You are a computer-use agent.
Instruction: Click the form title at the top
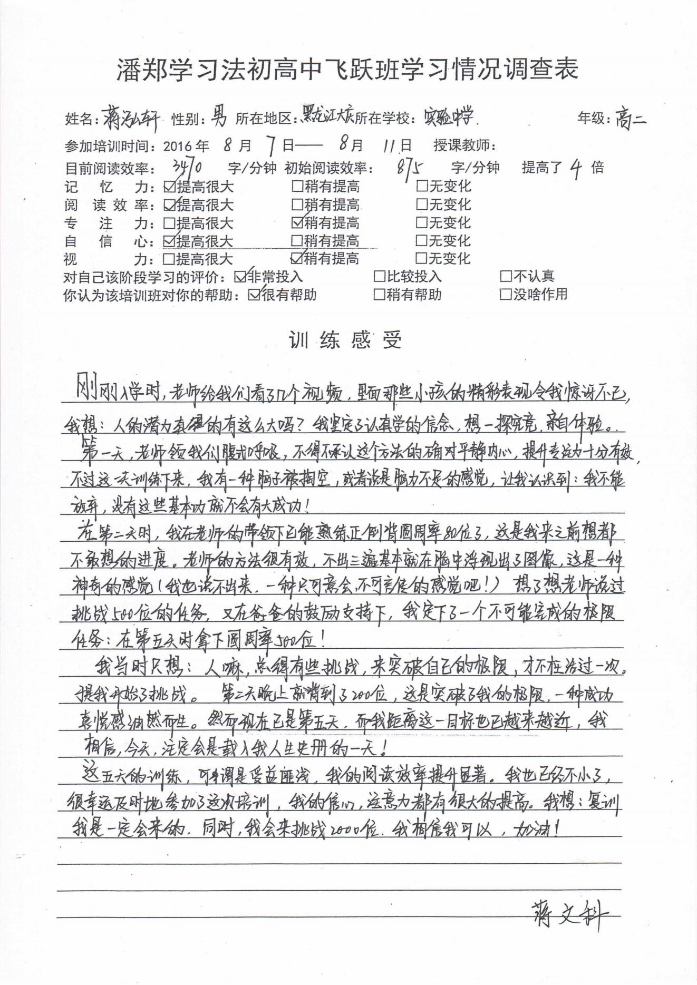[x=347, y=69]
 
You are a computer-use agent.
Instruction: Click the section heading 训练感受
[x=345, y=340]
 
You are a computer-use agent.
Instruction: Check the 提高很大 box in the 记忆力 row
[x=169, y=186]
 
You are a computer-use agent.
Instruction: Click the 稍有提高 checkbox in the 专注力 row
[x=297, y=222]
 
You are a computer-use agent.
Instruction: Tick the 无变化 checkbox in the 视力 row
[x=421, y=258]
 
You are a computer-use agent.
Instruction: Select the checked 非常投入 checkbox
[x=240, y=276]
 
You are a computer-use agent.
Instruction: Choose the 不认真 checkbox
[x=506, y=276]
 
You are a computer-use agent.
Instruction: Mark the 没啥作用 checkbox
[x=506, y=294]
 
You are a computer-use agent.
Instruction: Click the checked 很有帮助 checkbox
[x=254, y=295]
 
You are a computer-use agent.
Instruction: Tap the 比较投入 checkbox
[x=379, y=276]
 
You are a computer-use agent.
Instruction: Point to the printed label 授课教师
[x=464, y=145]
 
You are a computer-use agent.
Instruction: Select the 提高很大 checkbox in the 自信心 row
[x=169, y=241]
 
